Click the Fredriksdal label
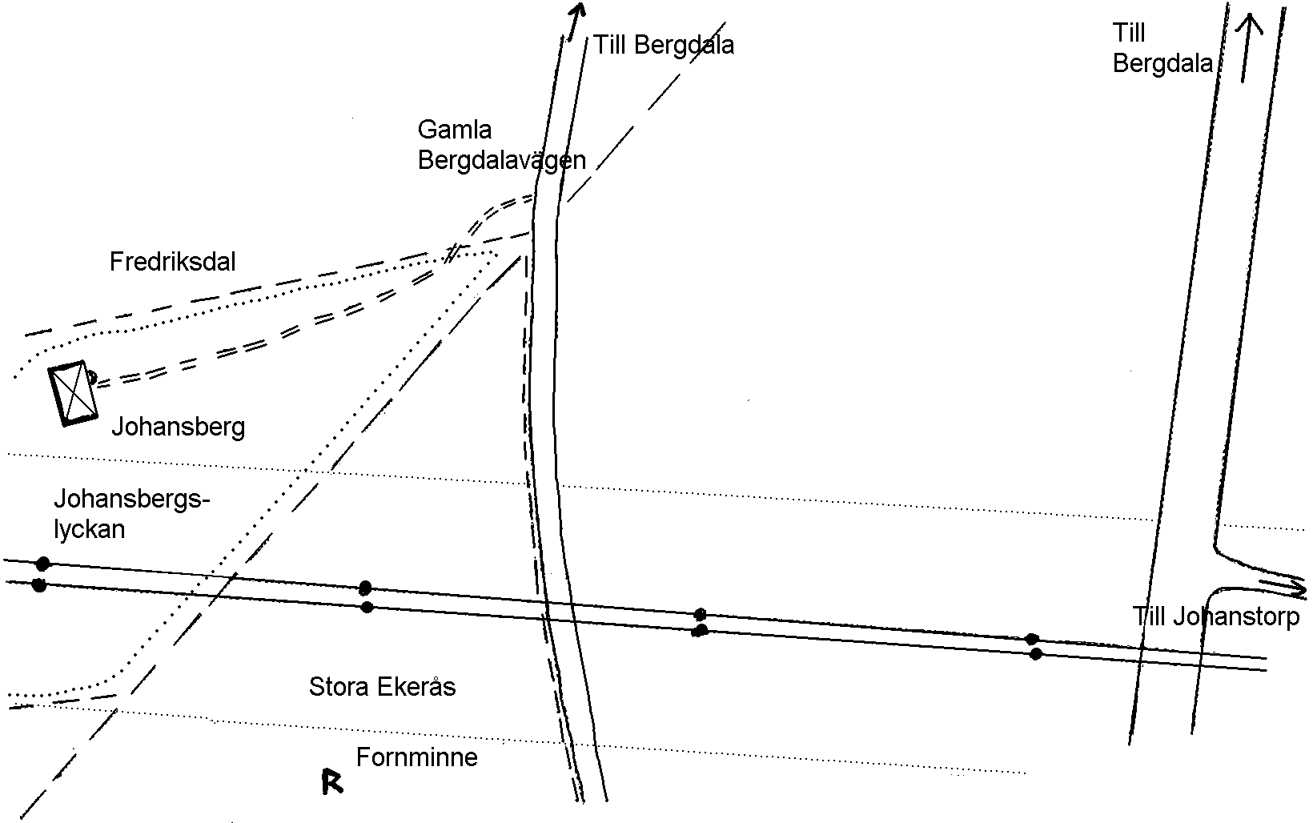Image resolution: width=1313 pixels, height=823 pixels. (x=172, y=262)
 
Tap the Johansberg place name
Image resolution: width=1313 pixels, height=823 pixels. (x=179, y=428)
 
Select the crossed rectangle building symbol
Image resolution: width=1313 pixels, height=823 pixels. (x=73, y=393)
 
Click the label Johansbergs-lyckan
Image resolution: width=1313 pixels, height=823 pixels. (x=132, y=514)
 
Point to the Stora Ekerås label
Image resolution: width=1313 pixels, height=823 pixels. (x=382, y=687)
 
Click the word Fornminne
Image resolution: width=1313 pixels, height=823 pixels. (x=417, y=757)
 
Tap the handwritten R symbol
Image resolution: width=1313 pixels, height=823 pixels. (x=332, y=782)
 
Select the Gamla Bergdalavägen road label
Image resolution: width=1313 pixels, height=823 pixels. (x=502, y=145)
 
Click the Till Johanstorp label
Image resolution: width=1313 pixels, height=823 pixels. (x=1216, y=616)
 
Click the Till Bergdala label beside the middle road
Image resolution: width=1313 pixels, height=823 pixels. (x=664, y=45)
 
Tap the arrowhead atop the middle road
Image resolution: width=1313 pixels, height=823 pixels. (x=578, y=13)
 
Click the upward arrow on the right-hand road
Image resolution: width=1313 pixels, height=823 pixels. (x=1247, y=48)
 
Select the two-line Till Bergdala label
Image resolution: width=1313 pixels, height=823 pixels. (x=1162, y=48)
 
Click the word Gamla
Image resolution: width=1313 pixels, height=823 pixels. (x=454, y=130)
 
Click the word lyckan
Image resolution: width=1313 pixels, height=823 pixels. (x=89, y=529)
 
